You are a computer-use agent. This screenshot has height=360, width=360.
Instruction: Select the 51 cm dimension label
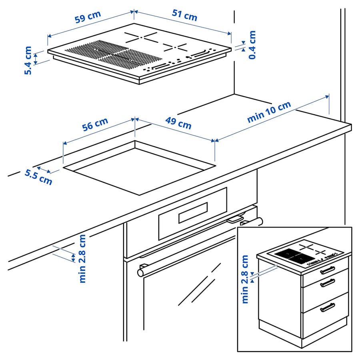click(184, 15)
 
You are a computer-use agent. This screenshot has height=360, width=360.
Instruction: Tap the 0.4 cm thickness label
click(252, 45)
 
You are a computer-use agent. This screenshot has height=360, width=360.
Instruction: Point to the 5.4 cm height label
click(28, 60)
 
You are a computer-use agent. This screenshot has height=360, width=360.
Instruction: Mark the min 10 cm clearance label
click(269, 112)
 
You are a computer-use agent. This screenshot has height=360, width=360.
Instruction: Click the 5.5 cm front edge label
click(38, 177)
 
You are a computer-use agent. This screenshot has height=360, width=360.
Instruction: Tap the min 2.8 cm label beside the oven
click(82, 258)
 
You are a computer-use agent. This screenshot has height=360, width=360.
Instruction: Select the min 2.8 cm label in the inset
click(245, 279)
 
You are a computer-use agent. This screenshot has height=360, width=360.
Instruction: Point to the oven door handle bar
click(200, 246)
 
